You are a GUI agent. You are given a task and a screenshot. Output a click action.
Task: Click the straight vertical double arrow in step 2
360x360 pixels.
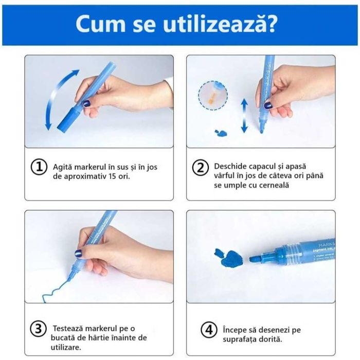[244, 116]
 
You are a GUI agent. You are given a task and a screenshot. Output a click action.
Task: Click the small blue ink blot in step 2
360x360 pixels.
[220, 133]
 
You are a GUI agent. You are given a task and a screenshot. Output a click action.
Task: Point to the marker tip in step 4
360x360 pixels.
[256, 259]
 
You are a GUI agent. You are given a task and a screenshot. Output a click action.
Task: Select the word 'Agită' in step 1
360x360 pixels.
[64, 167]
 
